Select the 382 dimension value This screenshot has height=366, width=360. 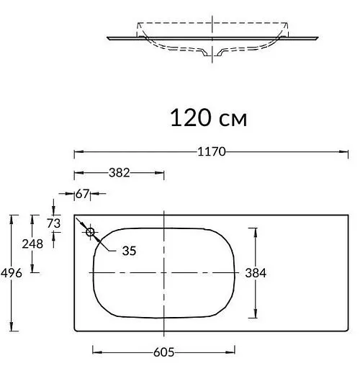pyautogui.click(x=118, y=173)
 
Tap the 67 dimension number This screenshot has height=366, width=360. pyautogui.click(x=81, y=194)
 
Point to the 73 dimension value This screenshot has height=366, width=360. pyautogui.click(x=53, y=223)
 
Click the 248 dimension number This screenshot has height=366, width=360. pyautogui.click(x=33, y=244)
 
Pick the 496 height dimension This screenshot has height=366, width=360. pyautogui.click(x=12, y=272)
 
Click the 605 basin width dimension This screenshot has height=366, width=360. pyautogui.click(x=165, y=352)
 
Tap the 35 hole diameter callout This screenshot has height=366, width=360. pyautogui.click(x=129, y=251)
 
